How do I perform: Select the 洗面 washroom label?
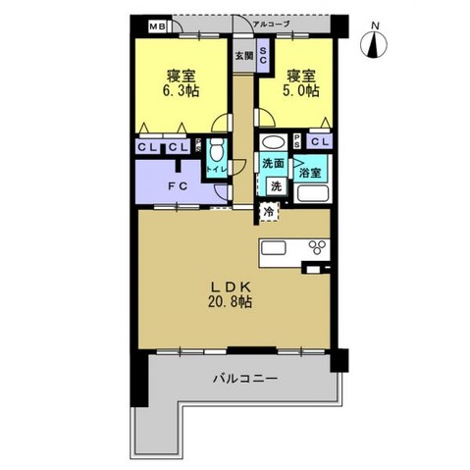tap(274, 164)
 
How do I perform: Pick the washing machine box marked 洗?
tap(277, 185)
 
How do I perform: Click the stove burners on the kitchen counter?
tap(316, 246)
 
